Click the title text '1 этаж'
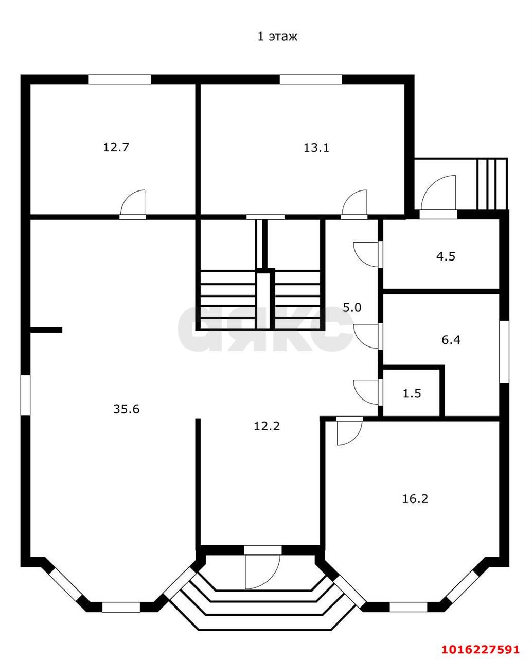pos(277,37)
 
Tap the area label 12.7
pos(116,147)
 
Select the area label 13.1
pos(316,148)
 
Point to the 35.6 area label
pos(126,409)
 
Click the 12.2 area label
pos(267,426)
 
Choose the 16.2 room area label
pos(415,499)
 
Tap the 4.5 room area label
pos(446,256)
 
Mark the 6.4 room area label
pos(451,340)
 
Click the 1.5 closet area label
pos(412,393)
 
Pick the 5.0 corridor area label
pos(352,307)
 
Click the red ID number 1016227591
pos(481,632)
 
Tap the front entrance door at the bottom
pos(262,570)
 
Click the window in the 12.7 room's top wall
pos(120,79)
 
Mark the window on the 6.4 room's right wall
pos(504,352)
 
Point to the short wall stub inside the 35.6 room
pos(46,330)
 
